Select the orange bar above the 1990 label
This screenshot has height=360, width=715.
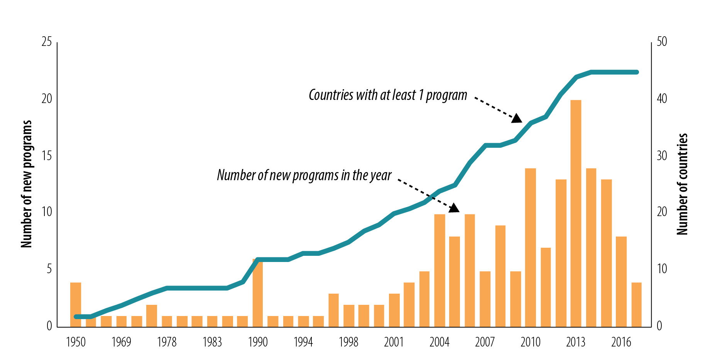[258, 293]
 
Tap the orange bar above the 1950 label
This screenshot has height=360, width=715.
[76, 305]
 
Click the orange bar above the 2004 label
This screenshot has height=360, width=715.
[439, 270]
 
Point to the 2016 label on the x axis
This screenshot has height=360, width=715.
[621, 342]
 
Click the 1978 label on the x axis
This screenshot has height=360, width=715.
[167, 342]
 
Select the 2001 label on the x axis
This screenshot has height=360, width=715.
[394, 342]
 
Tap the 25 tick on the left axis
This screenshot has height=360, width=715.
[47, 42]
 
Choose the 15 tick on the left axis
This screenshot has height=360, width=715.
[47, 155]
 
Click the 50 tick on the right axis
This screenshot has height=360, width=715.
[662, 42]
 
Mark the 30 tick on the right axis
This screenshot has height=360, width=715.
[662, 155]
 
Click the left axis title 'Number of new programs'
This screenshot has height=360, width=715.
[26, 184]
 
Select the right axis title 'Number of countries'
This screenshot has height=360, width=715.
[682, 184]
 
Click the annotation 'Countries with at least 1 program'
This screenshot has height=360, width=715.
[388, 95]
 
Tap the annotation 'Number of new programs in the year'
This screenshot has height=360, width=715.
[304, 175]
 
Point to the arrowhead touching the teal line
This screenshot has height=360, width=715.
[517, 118]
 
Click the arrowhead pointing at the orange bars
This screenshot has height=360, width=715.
[454, 208]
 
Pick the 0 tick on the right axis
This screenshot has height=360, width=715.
[659, 326]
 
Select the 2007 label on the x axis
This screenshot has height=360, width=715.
[485, 342]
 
